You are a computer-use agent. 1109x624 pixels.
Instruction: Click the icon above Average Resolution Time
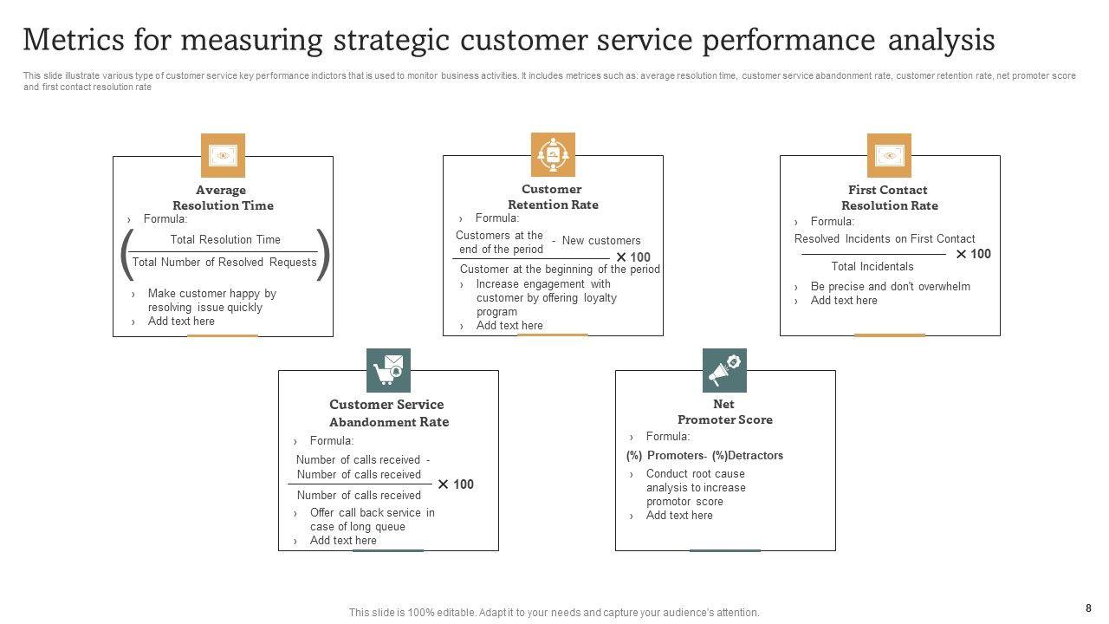click(x=223, y=155)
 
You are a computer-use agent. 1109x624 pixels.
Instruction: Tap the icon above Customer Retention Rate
click(x=553, y=154)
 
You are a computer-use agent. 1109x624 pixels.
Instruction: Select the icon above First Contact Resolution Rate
click(x=889, y=155)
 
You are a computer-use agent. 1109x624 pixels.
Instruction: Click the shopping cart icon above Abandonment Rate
click(x=388, y=370)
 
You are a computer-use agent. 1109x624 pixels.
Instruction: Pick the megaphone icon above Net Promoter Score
click(x=724, y=370)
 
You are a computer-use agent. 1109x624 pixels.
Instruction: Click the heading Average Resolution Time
click(x=223, y=198)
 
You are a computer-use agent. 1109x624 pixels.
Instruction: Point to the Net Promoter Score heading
click(x=724, y=412)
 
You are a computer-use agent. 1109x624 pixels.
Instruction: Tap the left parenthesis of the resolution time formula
click(x=127, y=255)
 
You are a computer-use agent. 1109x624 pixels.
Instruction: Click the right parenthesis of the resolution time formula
click(x=323, y=255)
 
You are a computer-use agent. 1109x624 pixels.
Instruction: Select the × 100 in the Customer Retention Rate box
click(x=633, y=257)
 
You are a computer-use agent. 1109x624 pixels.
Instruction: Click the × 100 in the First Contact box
click(x=973, y=254)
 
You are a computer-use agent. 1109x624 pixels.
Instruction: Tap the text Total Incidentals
click(x=872, y=266)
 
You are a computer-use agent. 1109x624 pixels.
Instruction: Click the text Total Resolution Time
click(x=225, y=239)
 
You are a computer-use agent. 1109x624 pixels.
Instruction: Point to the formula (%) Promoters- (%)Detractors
click(x=704, y=455)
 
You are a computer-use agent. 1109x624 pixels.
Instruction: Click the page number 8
click(x=1088, y=608)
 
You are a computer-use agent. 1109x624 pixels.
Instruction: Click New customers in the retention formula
click(x=601, y=241)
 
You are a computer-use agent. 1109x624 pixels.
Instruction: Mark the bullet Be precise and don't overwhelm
click(x=890, y=286)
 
